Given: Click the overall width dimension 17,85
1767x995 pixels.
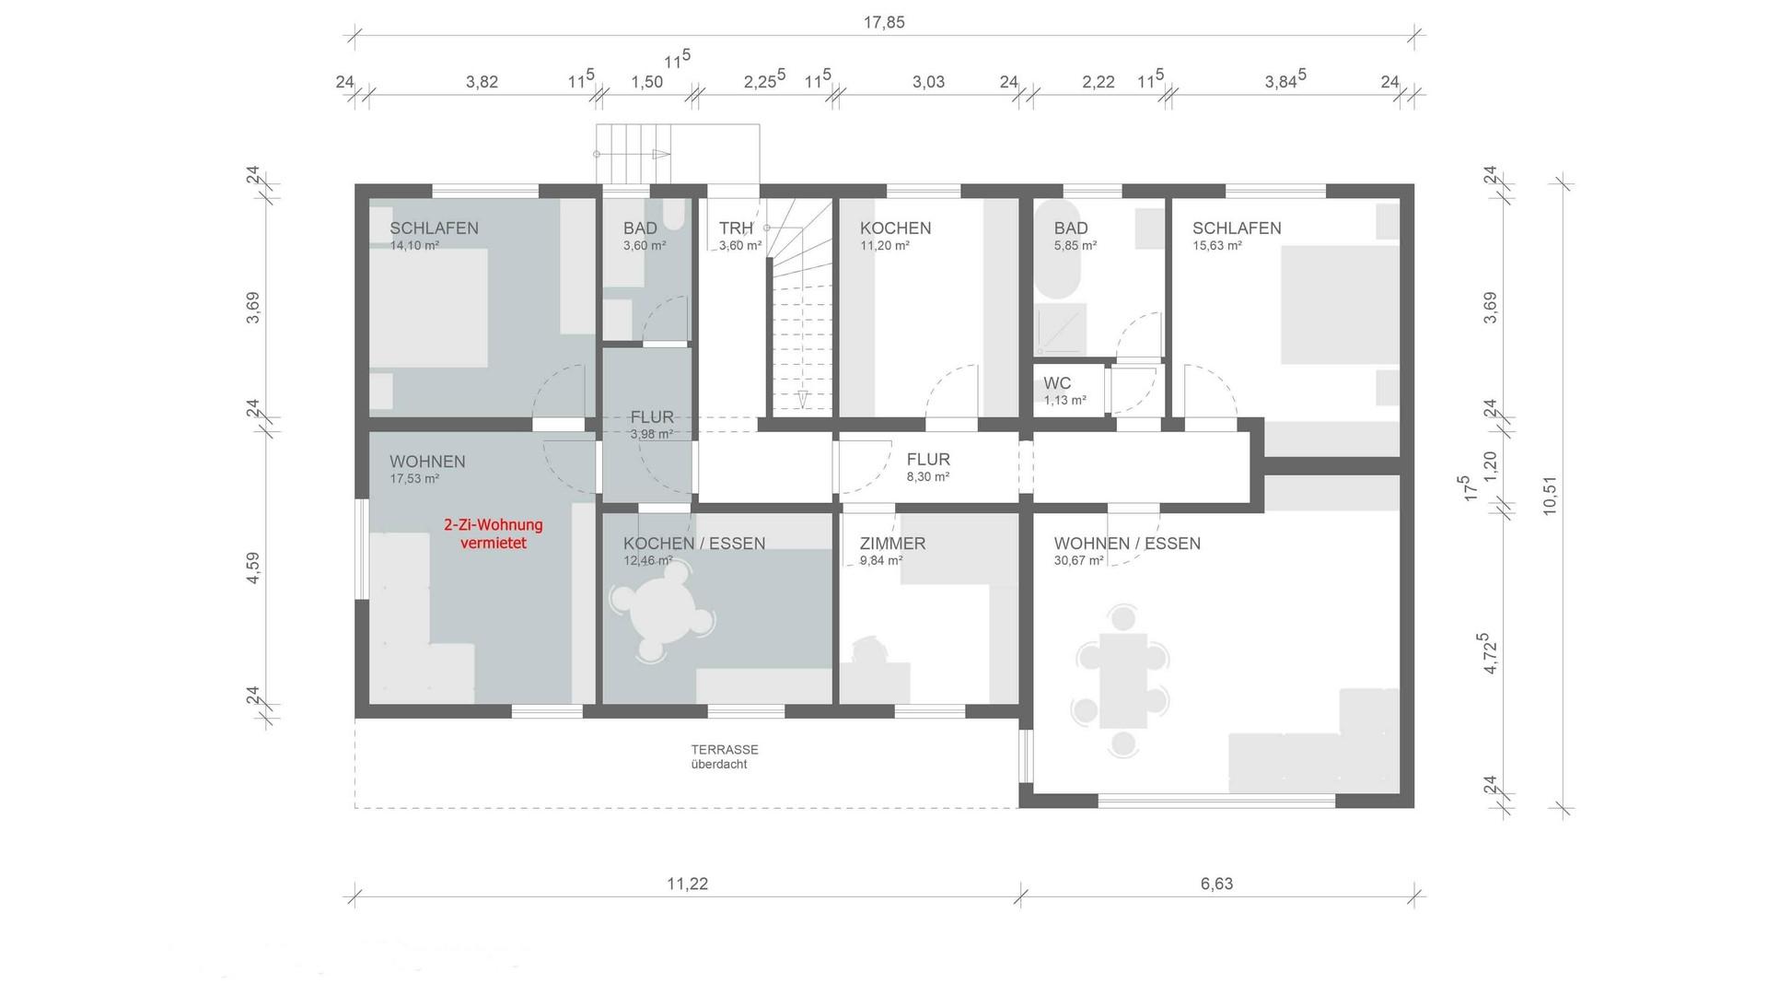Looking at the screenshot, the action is pyautogui.click(x=883, y=23).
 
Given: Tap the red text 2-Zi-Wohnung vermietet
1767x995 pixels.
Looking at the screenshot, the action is pyautogui.click(x=494, y=534).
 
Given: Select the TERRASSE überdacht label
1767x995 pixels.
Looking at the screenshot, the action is pyautogui.click(x=725, y=756).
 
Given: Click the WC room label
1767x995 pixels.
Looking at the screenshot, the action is pyautogui.click(x=1057, y=383).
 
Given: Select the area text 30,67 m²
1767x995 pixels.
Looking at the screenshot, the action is pyautogui.click(x=1078, y=560).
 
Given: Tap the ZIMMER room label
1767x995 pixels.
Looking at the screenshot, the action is pyautogui.click(x=892, y=544).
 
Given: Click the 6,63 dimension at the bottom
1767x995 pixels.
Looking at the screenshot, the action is pyautogui.click(x=1216, y=884).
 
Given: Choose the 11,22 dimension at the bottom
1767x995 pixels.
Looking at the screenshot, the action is pyautogui.click(x=687, y=884).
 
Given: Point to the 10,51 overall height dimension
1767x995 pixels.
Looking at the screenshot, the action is pyautogui.click(x=1549, y=495).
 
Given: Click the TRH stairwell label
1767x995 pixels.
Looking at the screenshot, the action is pyautogui.click(x=736, y=228).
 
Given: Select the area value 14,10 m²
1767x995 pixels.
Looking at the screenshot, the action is pyautogui.click(x=414, y=246).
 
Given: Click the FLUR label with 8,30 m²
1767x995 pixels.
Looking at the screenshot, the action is pyautogui.click(x=928, y=459).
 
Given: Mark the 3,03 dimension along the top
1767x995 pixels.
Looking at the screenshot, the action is pyautogui.click(x=928, y=82).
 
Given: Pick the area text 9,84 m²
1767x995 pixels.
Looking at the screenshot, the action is pyautogui.click(x=881, y=560).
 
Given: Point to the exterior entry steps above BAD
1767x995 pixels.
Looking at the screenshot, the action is pyautogui.click(x=634, y=154).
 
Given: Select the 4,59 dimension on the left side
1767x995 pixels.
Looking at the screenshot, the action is pyautogui.click(x=253, y=568).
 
